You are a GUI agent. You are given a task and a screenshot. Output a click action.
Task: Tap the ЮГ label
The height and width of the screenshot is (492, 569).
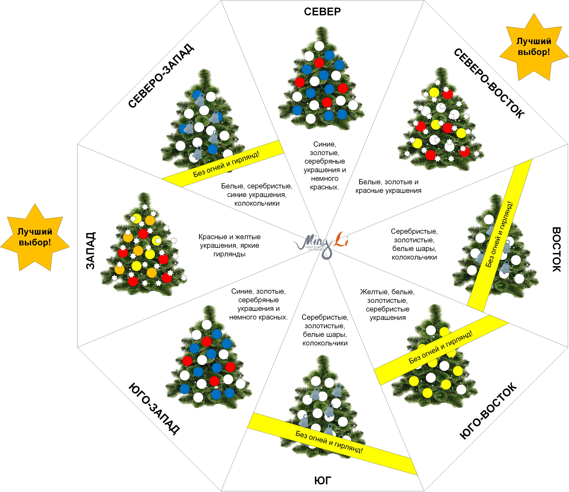pyautogui.click(x=323, y=481)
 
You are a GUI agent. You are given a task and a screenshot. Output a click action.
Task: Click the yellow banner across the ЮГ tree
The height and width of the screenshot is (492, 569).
pyautogui.click(x=330, y=442)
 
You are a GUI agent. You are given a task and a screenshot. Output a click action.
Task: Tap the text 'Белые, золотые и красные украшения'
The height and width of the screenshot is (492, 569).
pyautogui.click(x=388, y=186)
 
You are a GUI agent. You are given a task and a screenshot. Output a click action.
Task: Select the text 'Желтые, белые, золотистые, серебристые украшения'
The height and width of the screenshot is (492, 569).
pyautogui.click(x=387, y=304)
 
